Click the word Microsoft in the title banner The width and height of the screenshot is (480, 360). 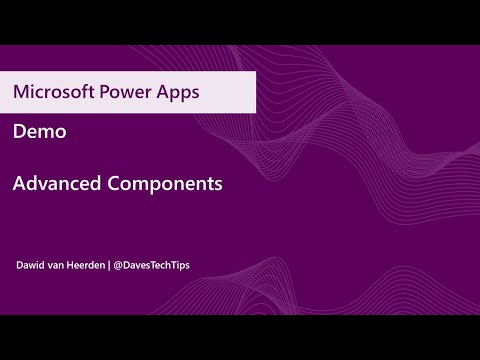click(53, 92)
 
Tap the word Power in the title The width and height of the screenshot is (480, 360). click(127, 92)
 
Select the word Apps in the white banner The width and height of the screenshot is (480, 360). click(178, 92)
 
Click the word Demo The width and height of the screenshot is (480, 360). click(36, 131)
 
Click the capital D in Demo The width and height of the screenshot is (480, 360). click(20, 131)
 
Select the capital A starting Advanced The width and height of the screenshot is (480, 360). click(20, 184)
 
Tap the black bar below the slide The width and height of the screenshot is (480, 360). click(240, 337)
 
